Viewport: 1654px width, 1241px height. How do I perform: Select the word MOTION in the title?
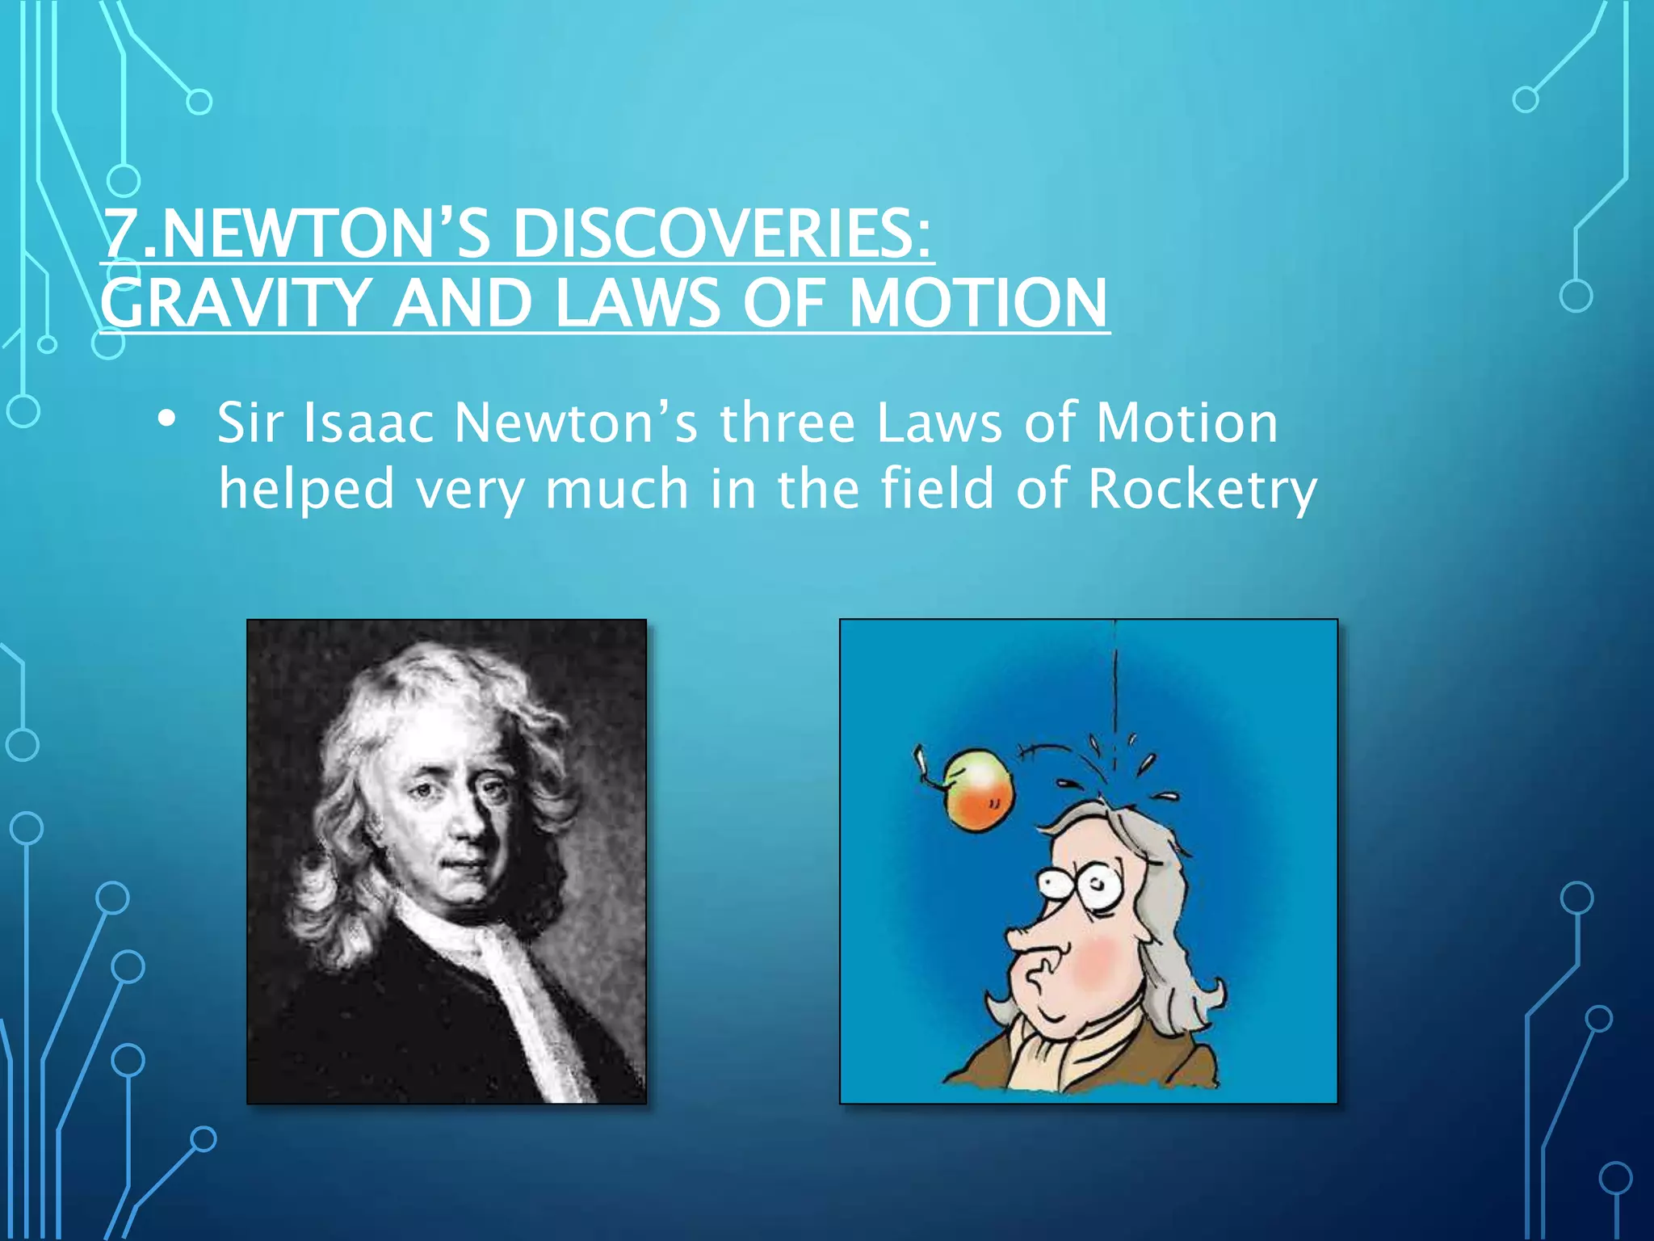978,303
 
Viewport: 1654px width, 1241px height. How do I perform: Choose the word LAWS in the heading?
638,303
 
